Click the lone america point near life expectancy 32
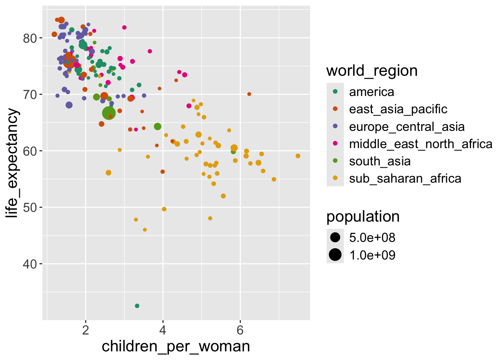pyautogui.click(x=137, y=306)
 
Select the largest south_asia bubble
pyautogui.click(x=109, y=113)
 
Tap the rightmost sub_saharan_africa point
pyautogui.click(x=298, y=156)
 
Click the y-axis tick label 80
pyautogui.click(x=30, y=38)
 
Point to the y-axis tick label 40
pyautogui.click(x=30, y=264)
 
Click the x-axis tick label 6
pyautogui.click(x=240, y=330)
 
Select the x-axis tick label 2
pyautogui.click(x=86, y=330)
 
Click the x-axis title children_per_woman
pyautogui.click(x=176, y=346)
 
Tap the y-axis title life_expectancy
pyautogui.click(x=12, y=163)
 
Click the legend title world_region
pyautogui.click(x=372, y=70)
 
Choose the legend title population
pyautogui.click(x=363, y=216)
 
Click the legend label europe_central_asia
pyautogui.click(x=406, y=127)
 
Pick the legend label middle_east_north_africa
pyautogui.click(x=420, y=144)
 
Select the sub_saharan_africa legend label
pyautogui.click(x=405, y=178)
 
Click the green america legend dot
pyautogui.click(x=335, y=91)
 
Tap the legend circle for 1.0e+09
pyautogui.click(x=335, y=255)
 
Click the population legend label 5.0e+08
pyautogui.click(x=372, y=238)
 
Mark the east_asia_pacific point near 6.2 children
pyautogui.click(x=249, y=94)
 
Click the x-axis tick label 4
pyautogui.click(x=163, y=330)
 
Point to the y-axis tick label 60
pyautogui.click(x=30, y=151)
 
